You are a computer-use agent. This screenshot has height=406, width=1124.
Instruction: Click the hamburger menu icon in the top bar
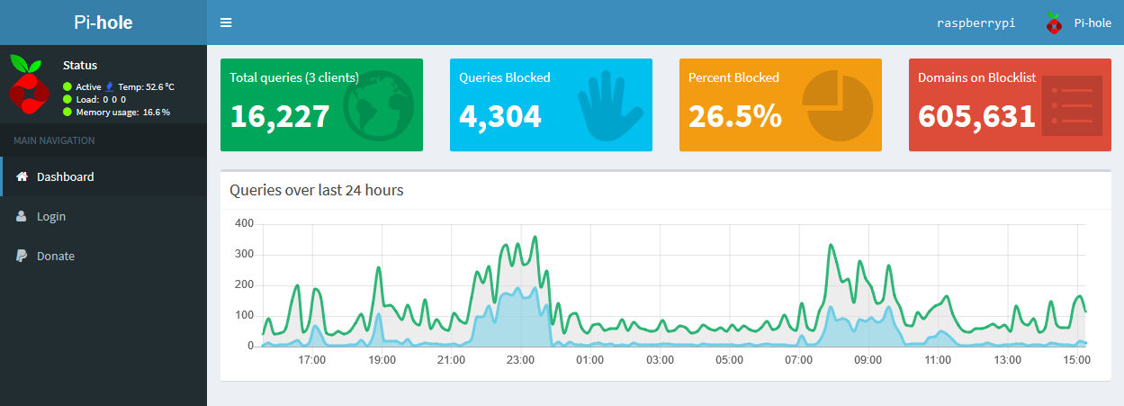(x=226, y=23)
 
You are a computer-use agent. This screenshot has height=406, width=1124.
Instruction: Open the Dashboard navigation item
(x=65, y=176)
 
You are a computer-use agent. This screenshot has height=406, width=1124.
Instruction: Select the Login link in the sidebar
(x=51, y=216)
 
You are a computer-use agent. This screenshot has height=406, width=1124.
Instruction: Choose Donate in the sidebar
(x=56, y=256)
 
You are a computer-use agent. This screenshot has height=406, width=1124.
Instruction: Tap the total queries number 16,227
(x=280, y=116)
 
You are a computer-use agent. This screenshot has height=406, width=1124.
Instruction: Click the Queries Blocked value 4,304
(x=500, y=116)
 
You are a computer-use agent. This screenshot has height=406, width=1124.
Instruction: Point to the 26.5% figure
(x=735, y=116)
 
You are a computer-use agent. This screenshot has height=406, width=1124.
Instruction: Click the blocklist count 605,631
(x=976, y=116)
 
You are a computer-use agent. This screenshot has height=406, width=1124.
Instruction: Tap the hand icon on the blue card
(x=609, y=105)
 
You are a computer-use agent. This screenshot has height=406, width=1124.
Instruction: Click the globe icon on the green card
(x=378, y=105)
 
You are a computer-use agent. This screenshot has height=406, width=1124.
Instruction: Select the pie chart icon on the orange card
(x=838, y=105)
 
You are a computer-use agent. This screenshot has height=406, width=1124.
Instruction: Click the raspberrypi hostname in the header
(x=976, y=23)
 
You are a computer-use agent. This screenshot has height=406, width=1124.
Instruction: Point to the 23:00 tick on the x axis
(x=520, y=360)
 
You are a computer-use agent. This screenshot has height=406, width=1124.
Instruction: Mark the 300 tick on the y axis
(x=245, y=254)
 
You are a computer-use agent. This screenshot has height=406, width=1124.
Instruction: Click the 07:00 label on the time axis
(x=798, y=360)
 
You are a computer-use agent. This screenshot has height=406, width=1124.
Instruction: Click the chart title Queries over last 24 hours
(x=316, y=190)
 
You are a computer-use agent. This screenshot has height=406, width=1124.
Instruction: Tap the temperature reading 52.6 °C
(x=160, y=86)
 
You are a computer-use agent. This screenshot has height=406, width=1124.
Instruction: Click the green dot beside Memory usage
(x=67, y=112)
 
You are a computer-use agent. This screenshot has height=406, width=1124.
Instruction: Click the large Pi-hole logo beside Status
(x=30, y=85)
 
